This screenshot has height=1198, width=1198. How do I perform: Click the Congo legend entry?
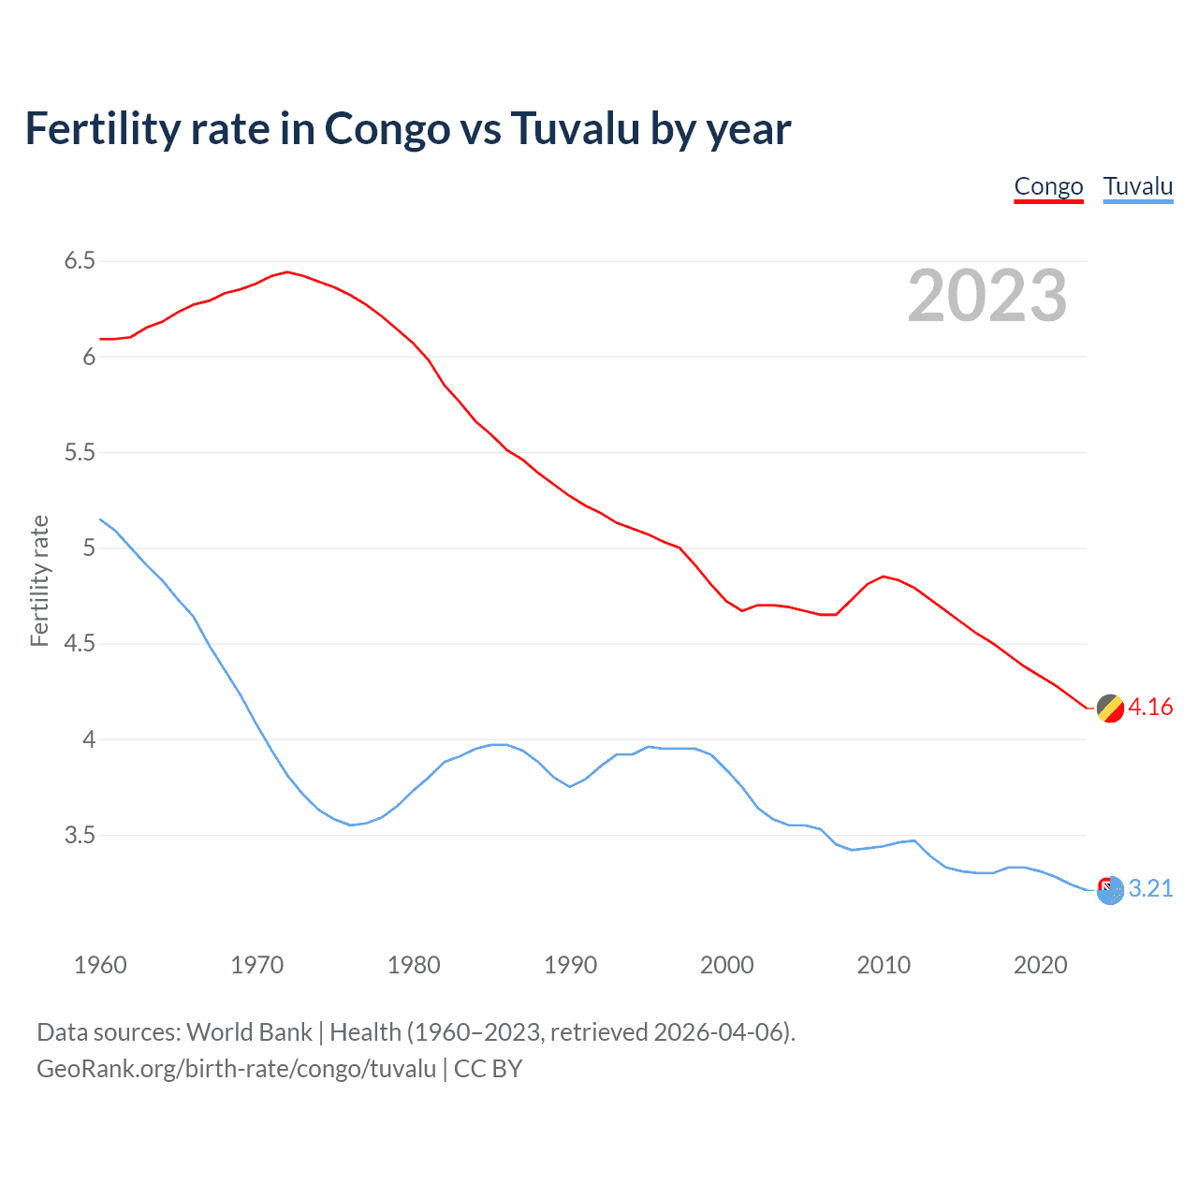point(1048,186)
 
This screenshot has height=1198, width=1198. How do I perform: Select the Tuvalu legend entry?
point(1137,186)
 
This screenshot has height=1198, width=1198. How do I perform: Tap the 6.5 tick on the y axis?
point(80,261)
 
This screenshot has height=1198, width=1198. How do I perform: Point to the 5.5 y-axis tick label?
point(80,453)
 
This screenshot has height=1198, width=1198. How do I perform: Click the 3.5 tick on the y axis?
point(80,835)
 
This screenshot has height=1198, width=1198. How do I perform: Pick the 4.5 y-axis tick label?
point(80,644)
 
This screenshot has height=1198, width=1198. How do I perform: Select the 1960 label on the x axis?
point(100,965)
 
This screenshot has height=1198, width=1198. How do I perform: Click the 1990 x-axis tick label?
point(570,965)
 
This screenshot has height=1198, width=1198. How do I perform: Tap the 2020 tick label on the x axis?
point(1040,965)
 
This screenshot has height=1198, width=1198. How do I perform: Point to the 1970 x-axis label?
point(256,965)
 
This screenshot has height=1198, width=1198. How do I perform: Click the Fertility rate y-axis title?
point(39,580)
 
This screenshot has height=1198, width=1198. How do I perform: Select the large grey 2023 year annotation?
point(986,296)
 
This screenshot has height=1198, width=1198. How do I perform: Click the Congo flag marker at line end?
point(1110,709)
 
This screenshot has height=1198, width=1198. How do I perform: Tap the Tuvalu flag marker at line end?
point(1110,890)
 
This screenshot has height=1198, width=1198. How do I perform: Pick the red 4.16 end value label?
point(1150,708)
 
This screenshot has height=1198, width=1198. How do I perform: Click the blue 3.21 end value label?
point(1150,889)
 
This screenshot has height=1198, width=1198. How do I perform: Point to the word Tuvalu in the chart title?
point(576,129)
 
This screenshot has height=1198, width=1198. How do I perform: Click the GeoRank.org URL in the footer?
point(236,1069)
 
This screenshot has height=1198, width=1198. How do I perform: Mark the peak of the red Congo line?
point(287,272)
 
